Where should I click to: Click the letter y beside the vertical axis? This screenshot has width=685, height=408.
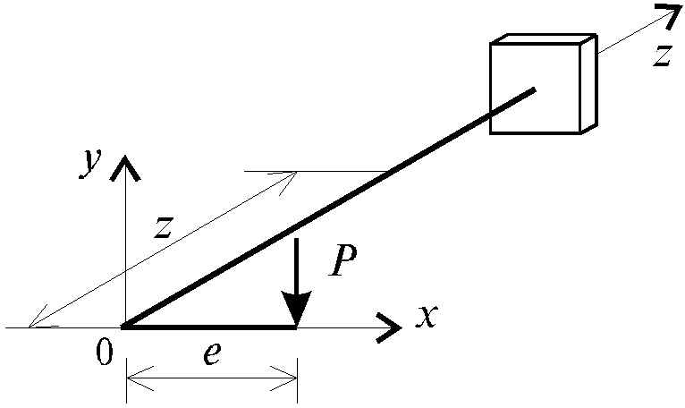tap(90, 163)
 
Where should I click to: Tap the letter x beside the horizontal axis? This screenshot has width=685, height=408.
tap(427, 316)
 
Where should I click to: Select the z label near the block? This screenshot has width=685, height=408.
tap(663, 55)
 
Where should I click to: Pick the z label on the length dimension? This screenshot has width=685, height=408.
tap(164, 227)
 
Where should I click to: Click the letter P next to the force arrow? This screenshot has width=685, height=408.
tap(343, 260)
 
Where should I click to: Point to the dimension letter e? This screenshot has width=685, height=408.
tap(212, 353)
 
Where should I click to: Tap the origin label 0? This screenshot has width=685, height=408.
tap(105, 352)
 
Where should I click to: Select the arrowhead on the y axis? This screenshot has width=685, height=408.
tap(125, 167)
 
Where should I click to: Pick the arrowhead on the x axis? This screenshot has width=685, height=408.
tap(389, 327)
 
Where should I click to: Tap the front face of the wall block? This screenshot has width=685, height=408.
tap(536, 89)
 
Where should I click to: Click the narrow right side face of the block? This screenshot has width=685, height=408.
tap(588, 83)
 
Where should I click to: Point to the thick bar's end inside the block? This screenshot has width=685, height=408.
tap(533, 90)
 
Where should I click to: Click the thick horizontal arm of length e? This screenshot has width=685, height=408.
tap(209, 327)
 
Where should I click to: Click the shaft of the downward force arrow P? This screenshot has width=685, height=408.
tap(297, 265)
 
